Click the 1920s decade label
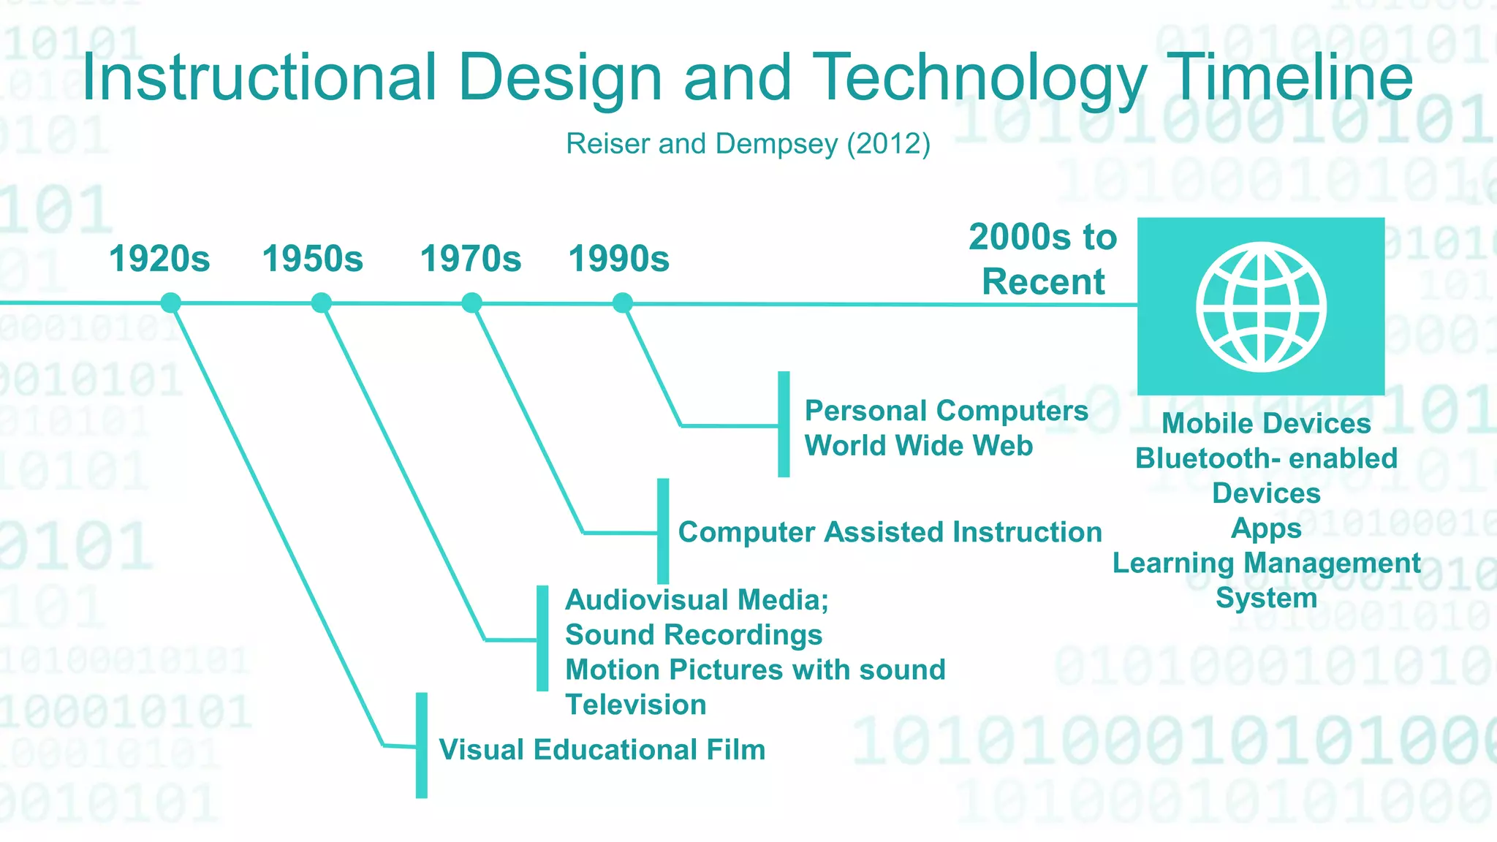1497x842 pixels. click(x=159, y=259)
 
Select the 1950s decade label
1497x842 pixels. click(x=313, y=259)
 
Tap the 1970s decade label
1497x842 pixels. click(x=471, y=259)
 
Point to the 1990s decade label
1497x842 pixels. click(x=619, y=259)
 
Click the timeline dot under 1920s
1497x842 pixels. click(x=171, y=303)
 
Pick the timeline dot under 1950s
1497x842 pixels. click(x=322, y=303)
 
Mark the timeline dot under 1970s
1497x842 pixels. click(x=472, y=303)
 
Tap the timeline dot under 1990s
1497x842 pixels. click(x=623, y=303)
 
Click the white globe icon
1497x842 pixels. click(x=1261, y=307)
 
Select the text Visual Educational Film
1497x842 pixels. click(x=602, y=750)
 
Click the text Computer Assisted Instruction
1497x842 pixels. click(x=890, y=532)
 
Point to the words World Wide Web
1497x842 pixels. click(x=919, y=446)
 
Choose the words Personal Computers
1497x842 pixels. click(x=947, y=411)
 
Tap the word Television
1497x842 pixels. click(x=636, y=705)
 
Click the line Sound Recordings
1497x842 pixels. click(x=694, y=635)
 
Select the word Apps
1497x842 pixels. click(x=1266, y=528)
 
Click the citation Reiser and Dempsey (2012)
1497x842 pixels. click(x=748, y=144)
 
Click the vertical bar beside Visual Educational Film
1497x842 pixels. click(x=422, y=746)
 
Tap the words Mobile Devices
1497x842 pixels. click(x=1266, y=424)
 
